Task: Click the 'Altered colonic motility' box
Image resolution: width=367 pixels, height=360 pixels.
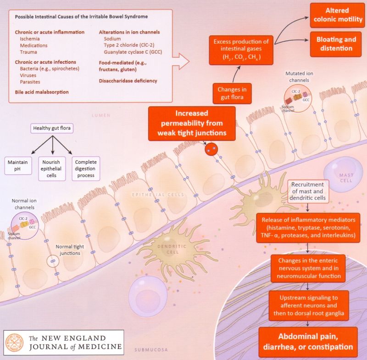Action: click(337, 15)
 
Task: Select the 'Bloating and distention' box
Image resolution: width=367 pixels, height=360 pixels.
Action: click(336, 44)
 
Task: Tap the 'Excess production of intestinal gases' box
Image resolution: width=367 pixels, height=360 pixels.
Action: click(241, 50)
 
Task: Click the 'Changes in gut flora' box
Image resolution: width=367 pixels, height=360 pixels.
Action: click(232, 93)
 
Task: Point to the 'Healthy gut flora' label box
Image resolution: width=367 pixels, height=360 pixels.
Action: click(52, 128)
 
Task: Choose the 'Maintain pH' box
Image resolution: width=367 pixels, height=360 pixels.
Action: click(18, 166)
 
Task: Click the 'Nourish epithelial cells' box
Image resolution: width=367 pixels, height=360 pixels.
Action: click(52, 169)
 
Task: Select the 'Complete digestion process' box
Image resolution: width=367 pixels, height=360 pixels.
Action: click(86, 169)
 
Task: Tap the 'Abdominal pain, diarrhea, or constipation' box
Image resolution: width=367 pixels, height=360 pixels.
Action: click(308, 342)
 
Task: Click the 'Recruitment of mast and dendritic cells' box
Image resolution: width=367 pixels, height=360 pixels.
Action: click(307, 191)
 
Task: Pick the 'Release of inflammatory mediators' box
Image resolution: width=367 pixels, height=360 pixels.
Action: click(308, 228)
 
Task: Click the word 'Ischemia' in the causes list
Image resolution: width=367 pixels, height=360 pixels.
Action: click(30, 39)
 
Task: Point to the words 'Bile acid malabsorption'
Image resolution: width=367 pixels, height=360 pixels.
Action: click(42, 92)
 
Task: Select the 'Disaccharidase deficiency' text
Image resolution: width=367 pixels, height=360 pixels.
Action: click(128, 81)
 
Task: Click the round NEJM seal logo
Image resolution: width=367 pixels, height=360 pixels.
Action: click(15, 343)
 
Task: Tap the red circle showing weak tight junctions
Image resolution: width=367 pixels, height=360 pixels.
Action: click(211, 149)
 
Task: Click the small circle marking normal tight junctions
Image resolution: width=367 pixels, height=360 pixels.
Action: click(53, 261)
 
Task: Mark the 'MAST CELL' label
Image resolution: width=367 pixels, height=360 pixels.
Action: click(346, 178)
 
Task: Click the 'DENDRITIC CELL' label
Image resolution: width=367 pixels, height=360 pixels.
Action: click(172, 249)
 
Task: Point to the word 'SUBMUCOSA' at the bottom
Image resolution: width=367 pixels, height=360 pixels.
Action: click(151, 350)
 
